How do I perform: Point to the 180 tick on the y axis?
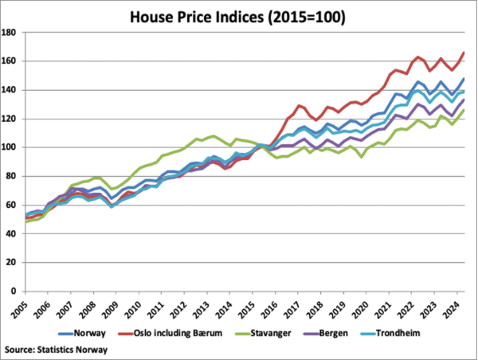[11, 33]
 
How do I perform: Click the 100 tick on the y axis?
[11, 148]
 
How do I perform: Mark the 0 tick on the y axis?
[16, 292]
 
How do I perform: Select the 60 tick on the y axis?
[14, 205]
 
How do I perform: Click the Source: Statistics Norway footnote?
[57, 349]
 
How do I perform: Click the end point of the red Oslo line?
[464, 53]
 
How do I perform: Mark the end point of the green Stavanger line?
[464, 110]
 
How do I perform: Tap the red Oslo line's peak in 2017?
[299, 105]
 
